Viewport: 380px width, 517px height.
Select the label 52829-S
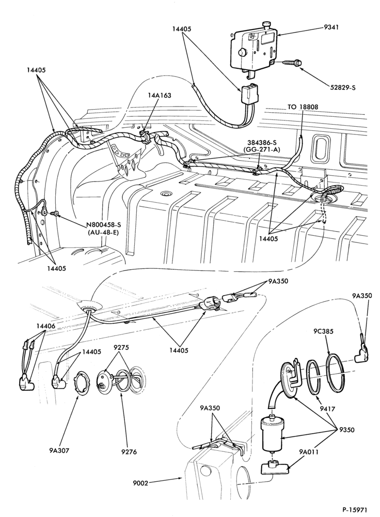(343, 88)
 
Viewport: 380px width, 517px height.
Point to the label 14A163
(160, 96)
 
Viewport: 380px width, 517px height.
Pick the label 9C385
(323, 331)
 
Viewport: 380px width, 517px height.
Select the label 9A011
(309, 451)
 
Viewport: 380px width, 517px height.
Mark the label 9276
(130, 451)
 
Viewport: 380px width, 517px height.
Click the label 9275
(121, 347)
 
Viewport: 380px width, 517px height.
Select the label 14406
(46, 326)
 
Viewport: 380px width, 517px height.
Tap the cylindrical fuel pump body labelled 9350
(272, 434)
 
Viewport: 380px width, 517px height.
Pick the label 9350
(346, 430)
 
